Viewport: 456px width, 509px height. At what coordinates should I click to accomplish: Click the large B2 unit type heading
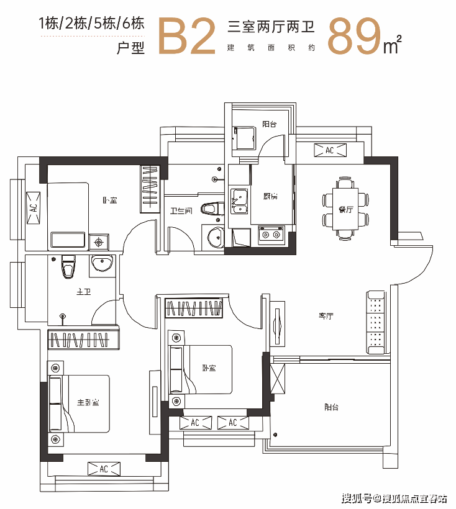[x=187, y=36]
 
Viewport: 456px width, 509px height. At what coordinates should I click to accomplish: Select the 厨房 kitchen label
[x=270, y=196]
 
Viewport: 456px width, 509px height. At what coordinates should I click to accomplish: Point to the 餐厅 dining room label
[x=345, y=209]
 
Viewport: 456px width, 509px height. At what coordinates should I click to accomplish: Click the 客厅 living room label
[x=326, y=315]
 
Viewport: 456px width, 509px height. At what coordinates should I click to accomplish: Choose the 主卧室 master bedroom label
[x=88, y=402]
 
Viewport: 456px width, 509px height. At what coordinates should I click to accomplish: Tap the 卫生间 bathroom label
[x=181, y=210]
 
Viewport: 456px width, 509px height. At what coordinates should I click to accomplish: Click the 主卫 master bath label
[x=83, y=292]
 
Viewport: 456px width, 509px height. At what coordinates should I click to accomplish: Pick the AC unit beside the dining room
[x=330, y=150]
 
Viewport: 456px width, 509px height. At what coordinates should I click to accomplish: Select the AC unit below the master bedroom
[x=104, y=469]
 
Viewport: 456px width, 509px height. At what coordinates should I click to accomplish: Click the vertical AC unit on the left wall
[x=34, y=208]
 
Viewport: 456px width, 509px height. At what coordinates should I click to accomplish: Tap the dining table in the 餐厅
[x=345, y=209]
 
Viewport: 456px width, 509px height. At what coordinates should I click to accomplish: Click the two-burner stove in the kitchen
[x=271, y=235]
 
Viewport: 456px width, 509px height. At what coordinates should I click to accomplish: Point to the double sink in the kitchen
[x=239, y=201]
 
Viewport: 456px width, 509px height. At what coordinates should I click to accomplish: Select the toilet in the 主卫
[x=68, y=266]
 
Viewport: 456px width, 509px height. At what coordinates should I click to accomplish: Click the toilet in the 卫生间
[x=212, y=209]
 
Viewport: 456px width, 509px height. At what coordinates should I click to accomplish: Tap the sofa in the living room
[x=376, y=322]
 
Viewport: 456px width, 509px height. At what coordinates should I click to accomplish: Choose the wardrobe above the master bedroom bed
[x=83, y=340]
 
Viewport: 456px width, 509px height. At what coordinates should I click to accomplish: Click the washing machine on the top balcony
[x=245, y=138]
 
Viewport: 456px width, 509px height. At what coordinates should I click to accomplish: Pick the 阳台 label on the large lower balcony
[x=331, y=407]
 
